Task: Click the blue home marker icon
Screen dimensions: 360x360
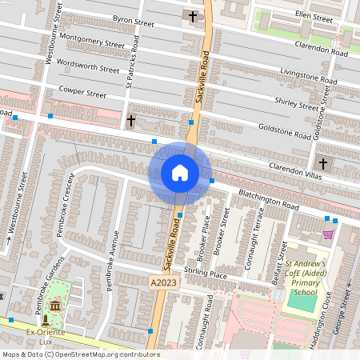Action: coord(180,173)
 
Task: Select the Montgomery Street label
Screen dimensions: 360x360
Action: coord(92,41)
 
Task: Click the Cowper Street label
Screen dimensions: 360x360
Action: coord(84,94)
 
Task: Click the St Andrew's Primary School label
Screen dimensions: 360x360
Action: coord(306,278)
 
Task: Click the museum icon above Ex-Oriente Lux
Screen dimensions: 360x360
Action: coord(54,307)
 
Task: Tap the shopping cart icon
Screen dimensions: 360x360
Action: coord(328,234)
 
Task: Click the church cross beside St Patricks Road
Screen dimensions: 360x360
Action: coord(131,121)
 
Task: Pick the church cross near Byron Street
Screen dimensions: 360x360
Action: coord(192,16)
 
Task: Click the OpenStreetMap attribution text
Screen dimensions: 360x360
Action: coord(80,354)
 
